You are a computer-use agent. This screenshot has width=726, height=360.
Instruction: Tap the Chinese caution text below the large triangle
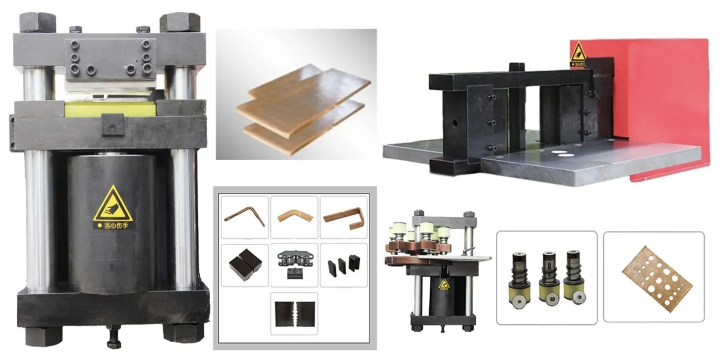113,225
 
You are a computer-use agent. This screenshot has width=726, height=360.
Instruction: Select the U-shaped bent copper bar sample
343,217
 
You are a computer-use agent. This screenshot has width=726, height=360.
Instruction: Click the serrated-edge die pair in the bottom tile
294,313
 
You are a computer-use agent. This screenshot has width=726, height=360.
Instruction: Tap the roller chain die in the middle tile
294,265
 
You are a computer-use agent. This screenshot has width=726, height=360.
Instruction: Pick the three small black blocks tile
343,265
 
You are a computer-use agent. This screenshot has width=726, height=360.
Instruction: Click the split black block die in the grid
245,265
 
